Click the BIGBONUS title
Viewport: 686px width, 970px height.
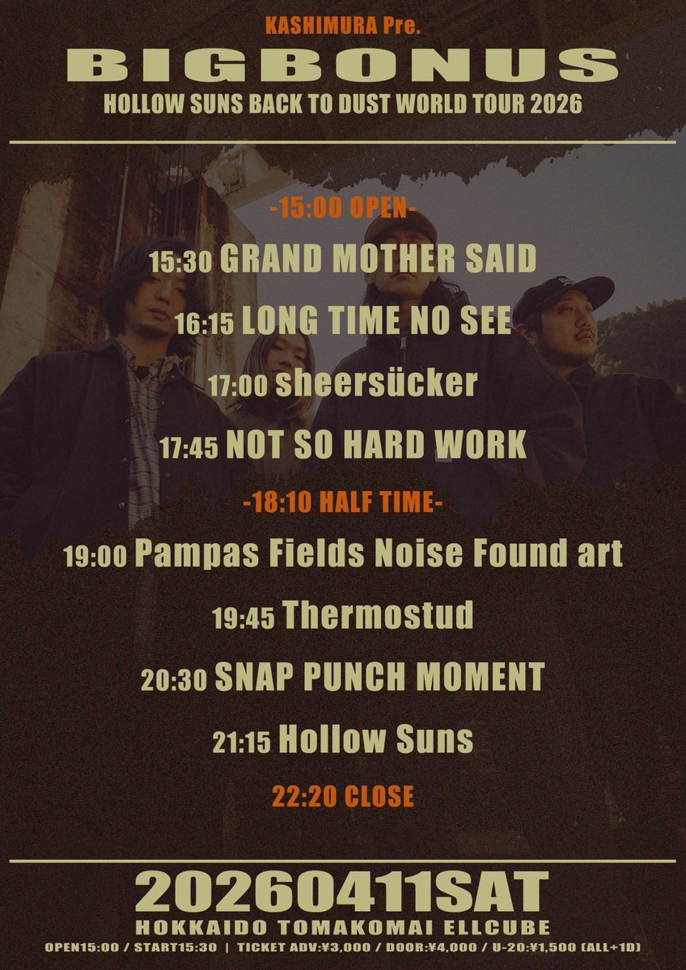(342, 65)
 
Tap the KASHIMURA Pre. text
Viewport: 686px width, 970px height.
(343, 27)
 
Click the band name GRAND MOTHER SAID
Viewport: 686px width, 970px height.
(378, 258)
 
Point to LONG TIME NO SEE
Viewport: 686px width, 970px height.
(376, 321)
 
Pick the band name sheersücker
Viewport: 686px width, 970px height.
(376, 383)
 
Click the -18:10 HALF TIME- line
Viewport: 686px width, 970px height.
(343, 502)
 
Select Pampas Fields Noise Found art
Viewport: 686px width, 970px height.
(378, 554)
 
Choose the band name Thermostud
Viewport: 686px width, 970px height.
(378, 615)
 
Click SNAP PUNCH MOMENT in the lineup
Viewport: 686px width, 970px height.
(379, 677)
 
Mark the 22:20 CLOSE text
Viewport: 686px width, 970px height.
(343, 796)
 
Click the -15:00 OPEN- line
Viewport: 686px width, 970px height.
(343, 209)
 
